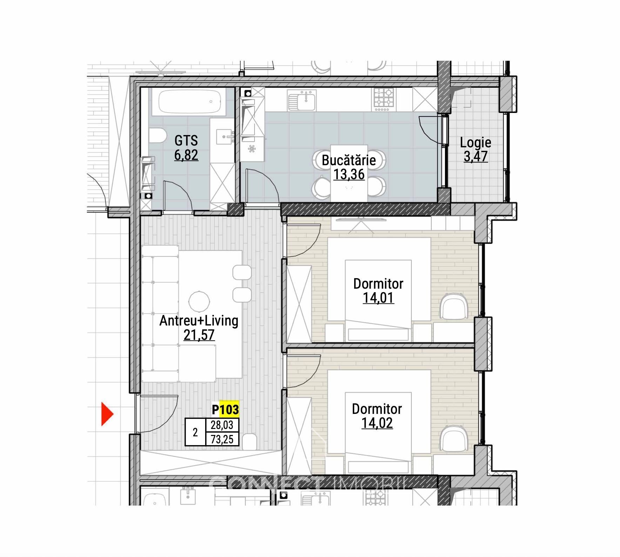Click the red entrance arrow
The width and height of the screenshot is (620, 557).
click(x=107, y=414)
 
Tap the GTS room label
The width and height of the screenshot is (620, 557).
click(x=186, y=141)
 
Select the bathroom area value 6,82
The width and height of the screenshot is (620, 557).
click(x=186, y=155)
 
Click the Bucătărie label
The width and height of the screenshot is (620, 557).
click(x=349, y=160)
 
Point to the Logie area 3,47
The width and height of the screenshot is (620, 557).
click(x=476, y=156)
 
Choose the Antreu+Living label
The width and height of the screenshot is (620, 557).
click(x=199, y=321)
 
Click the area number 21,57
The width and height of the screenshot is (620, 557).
click(x=199, y=335)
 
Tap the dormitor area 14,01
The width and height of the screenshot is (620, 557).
click(x=378, y=298)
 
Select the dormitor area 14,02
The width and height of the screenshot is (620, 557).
click(x=377, y=423)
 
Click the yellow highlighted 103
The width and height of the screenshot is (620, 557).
click(x=229, y=409)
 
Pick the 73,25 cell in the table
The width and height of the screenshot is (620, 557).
click(x=222, y=439)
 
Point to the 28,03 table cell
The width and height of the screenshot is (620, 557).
click(x=222, y=425)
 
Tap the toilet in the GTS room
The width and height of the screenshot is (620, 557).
click(x=157, y=135)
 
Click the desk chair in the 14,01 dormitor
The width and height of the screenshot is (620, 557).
click(x=454, y=306)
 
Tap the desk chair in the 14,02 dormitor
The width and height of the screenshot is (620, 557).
click(x=454, y=438)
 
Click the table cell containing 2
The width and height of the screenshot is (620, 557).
click(x=195, y=432)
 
